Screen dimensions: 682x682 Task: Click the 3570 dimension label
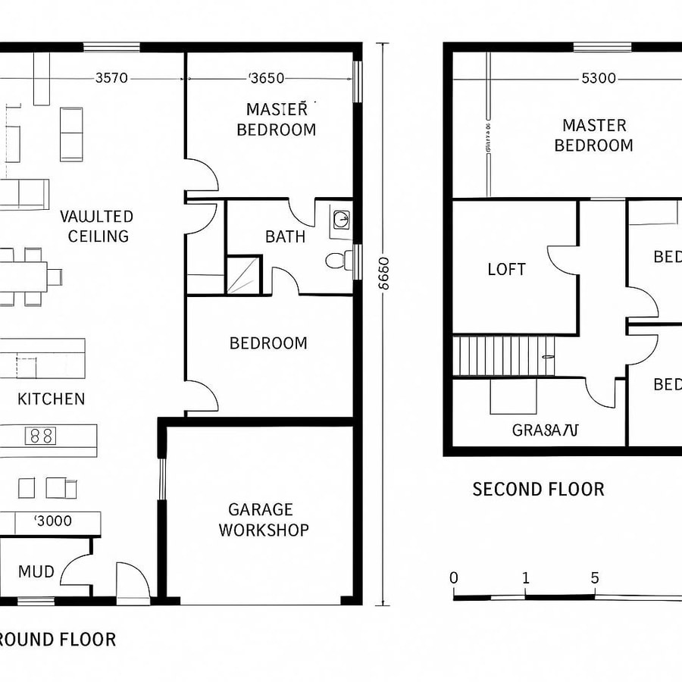point(111,77)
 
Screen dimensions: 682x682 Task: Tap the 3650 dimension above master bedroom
point(267,77)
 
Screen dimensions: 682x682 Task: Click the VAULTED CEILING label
point(97,226)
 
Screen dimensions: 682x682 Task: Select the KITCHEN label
point(52,399)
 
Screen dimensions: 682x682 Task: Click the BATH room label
point(286,236)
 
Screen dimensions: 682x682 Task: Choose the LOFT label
point(507,269)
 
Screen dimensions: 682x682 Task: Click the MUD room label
point(36,571)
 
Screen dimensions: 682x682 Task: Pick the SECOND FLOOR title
point(538,489)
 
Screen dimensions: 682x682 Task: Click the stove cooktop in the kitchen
point(41,436)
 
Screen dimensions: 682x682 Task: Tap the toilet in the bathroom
point(338,261)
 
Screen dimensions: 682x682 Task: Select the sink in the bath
point(341,221)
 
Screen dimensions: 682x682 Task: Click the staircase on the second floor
point(503,355)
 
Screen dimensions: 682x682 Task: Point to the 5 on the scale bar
point(595,578)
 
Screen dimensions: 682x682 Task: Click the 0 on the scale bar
point(454,578)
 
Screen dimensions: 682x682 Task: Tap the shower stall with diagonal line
point(243,274)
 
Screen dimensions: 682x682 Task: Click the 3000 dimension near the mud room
point(54,521)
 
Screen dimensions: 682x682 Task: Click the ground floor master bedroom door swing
point(202,176)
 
